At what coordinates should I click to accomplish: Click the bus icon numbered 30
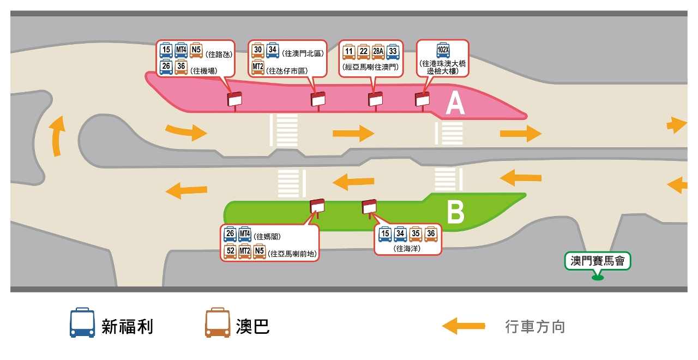258,52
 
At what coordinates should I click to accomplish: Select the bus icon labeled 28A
378,53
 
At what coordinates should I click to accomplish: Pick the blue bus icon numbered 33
393,53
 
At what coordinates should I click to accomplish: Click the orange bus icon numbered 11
348,53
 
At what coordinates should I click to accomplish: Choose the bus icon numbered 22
363,53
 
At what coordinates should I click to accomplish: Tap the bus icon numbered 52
230,251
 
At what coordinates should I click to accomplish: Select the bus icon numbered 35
416,235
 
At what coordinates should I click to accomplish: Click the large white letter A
455,104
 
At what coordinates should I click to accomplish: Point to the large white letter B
455,213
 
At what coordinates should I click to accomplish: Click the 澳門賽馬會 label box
597,262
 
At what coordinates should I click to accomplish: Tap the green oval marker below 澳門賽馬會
598,279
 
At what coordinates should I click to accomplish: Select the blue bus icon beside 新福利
81,323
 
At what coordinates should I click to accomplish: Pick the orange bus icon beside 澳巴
217,323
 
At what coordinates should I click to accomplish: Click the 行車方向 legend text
535,327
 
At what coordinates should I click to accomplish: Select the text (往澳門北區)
303,53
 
